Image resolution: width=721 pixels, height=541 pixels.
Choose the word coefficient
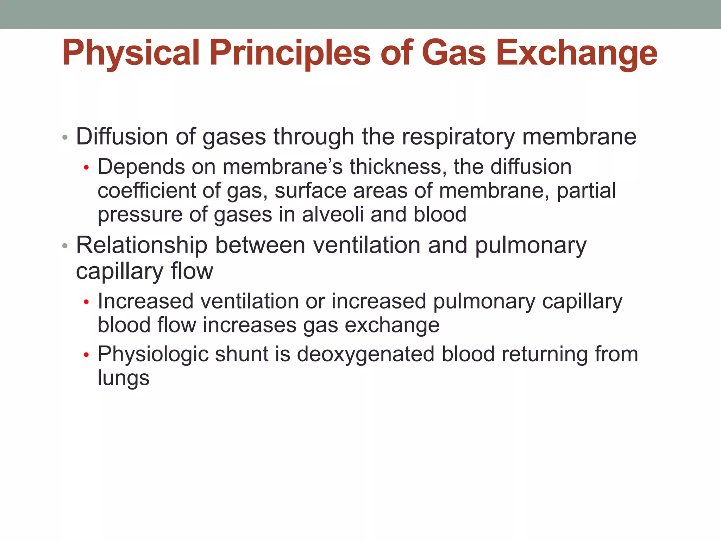pos(146,191)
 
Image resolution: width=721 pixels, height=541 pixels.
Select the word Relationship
pos(142,245)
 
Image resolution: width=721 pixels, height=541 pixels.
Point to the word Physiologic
pos(152,354)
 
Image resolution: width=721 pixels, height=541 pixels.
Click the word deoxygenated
pos(366,354)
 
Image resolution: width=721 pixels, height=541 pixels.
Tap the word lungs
pos(124,378)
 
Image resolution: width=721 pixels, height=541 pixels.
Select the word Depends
pos(141,167)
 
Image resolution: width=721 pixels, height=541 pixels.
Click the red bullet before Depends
pos(86,168)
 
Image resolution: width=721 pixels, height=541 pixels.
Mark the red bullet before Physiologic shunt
pos(86,355)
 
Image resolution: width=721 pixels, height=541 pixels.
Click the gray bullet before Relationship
pos(64,246)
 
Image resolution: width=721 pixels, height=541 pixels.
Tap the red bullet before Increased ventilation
pos(86,302)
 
